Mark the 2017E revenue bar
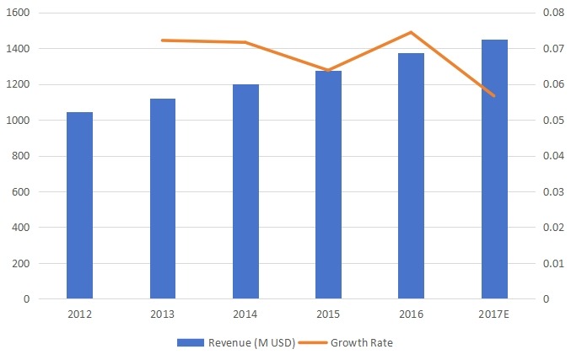click(x=494, y=169)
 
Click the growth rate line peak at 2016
click(x=411, y=33)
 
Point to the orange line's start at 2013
click(x=163, y=40)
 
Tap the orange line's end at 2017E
click(x=494, y=96)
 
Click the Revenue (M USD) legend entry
click(x=237, y=342)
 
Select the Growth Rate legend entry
click(x=352, y=342)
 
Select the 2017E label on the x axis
click(x=494, y=315)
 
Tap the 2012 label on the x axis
click(x=79, y=315)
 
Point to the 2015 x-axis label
click(x=328, y=315)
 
